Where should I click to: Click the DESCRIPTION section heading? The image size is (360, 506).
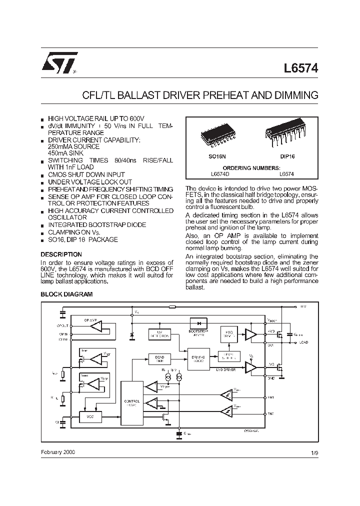pos(61,254)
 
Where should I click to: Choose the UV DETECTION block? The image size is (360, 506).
pos(160,334)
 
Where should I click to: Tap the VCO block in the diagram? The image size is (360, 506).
pos(90,416)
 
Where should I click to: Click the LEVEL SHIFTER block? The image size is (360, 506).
pos(229,355)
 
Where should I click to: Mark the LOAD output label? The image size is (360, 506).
pos(304,343)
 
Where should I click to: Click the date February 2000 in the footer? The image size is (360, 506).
pos(58,451)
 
